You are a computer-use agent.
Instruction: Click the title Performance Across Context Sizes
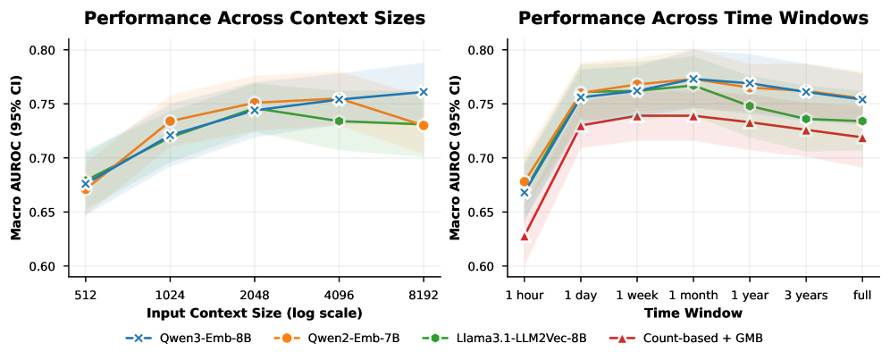[254, 18]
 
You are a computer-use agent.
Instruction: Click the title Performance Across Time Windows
[693, 18]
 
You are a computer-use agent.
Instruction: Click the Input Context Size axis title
[254, 313]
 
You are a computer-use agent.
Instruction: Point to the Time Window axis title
[693, 313]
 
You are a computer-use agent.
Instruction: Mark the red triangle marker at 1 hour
[525, 236]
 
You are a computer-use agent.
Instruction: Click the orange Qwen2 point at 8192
[423, 125]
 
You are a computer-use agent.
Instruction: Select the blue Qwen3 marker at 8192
[423, 92]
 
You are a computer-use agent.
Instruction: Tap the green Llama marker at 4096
[339, 121]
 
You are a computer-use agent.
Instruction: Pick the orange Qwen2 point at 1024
[170, 121]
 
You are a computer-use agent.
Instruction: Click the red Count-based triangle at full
[862, 138]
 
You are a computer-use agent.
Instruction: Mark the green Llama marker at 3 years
[806, 119]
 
